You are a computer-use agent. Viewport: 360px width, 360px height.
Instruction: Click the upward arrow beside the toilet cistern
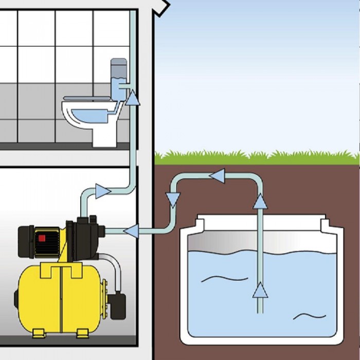133,97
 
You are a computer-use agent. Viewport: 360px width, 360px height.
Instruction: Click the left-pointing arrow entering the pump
131,231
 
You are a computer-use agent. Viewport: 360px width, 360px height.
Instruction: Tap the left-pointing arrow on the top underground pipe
217,176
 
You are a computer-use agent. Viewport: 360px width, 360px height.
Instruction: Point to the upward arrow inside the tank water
260,291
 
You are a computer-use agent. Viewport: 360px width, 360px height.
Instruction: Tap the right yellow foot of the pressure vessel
83,334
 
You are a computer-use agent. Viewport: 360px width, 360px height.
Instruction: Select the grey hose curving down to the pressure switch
115,267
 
